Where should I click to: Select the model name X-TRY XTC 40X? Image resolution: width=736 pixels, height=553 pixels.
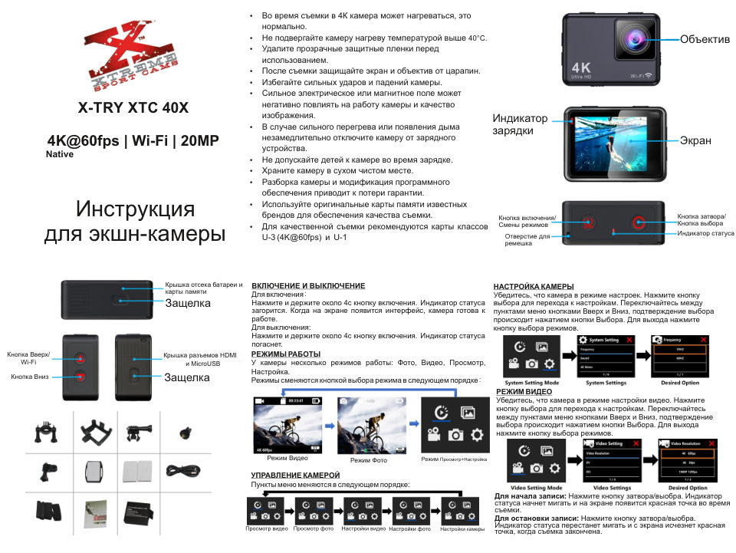click(133, 107)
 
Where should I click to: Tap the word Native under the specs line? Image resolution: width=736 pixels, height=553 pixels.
click(60, 153)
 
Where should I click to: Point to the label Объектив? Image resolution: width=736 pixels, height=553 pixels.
click(705, 39)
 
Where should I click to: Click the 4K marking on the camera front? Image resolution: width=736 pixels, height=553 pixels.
click(580, 65)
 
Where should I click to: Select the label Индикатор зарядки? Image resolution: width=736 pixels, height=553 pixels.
click(520, 125)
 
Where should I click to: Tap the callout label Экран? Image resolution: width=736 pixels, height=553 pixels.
click(695, 140)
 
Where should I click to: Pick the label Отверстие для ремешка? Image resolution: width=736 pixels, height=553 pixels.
click(527, 239)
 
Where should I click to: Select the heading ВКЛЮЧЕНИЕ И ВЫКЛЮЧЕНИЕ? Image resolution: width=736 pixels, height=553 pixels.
click(308, 285)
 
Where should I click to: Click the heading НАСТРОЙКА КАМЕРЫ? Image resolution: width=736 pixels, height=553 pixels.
click(534, 286)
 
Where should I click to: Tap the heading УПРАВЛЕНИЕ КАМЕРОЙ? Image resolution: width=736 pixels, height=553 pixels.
click(295, 476)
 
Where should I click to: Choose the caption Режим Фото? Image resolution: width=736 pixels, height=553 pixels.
click(369, 459)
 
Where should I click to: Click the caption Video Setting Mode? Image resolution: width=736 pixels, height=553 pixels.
click(536, 488)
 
